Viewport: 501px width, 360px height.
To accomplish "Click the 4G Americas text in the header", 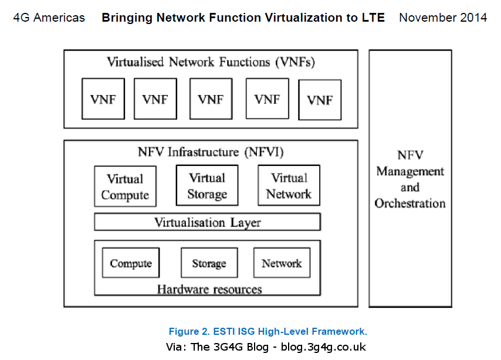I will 49,18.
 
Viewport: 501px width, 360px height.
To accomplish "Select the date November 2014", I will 442,18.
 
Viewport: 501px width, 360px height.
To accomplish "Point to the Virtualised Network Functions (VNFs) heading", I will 211,62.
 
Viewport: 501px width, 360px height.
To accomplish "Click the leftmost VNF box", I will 103,99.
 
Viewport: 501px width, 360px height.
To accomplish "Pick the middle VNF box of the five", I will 211,99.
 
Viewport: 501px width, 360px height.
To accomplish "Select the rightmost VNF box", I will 320,100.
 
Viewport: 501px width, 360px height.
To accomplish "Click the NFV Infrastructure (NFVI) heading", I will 211,152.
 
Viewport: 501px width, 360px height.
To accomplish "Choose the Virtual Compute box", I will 125,186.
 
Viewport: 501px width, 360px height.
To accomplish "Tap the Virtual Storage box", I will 207,185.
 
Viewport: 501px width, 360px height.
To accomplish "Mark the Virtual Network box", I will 289,185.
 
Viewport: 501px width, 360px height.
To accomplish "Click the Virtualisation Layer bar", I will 207,222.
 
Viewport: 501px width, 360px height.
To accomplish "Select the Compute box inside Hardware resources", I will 131,263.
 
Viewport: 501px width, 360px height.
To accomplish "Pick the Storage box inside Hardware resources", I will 209,263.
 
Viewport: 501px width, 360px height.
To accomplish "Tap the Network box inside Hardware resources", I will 282,263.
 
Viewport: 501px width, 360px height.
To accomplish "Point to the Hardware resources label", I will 209,288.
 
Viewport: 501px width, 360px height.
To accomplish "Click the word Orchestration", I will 410,203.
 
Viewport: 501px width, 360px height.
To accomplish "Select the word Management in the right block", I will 410,171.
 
